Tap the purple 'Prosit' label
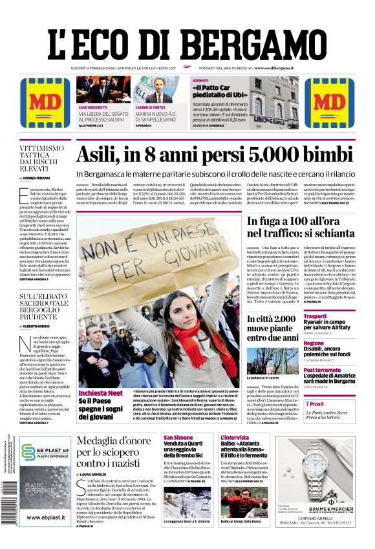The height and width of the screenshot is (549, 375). [317, 403]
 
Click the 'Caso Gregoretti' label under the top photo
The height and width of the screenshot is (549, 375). [94, 107]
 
